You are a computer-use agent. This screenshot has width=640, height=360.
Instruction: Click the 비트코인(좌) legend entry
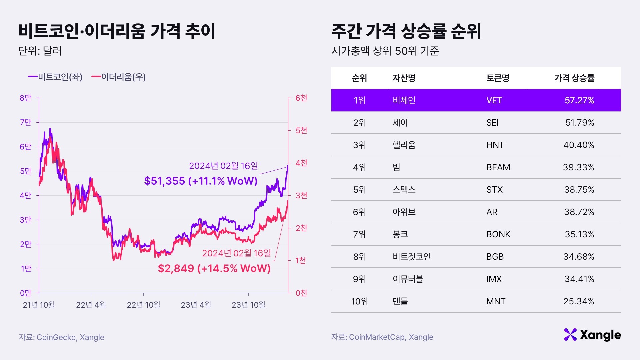coord(55,77)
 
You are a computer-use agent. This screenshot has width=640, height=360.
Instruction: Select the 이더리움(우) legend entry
coord(119,77)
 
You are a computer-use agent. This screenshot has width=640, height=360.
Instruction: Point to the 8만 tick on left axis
coord(25,98)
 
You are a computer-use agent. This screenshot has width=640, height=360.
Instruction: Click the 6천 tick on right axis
coord(301,98)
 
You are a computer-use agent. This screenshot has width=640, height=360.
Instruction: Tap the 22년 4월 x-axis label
coord(91,305)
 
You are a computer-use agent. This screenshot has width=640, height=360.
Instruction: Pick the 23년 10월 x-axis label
coord(248,305)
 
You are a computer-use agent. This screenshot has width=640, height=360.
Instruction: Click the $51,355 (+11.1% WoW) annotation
coord(201,181)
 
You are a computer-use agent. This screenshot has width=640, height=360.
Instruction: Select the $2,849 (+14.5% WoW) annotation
coord(214,268)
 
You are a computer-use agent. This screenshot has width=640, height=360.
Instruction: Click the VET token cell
coord(494,100)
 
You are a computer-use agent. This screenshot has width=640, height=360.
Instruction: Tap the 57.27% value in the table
coord(579,100)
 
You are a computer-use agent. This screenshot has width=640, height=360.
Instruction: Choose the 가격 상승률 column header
coord(574,78)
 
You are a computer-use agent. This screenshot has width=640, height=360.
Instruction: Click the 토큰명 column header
coord(498,78)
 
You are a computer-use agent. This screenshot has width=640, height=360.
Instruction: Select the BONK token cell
coord(498,234)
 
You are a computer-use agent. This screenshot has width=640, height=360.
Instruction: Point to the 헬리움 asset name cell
coord(404,145)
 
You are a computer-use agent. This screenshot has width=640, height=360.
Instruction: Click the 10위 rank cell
coord(359,301)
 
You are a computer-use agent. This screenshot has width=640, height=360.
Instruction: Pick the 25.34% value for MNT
coord(579,301)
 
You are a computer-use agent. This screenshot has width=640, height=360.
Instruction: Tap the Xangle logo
coord(592,335)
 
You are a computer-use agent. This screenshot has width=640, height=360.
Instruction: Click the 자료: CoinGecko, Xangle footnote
coord(61,337)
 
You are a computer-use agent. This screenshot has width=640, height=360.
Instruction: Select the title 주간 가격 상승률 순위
coord(406,31)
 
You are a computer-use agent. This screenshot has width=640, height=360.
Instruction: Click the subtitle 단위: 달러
coord(40,51)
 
